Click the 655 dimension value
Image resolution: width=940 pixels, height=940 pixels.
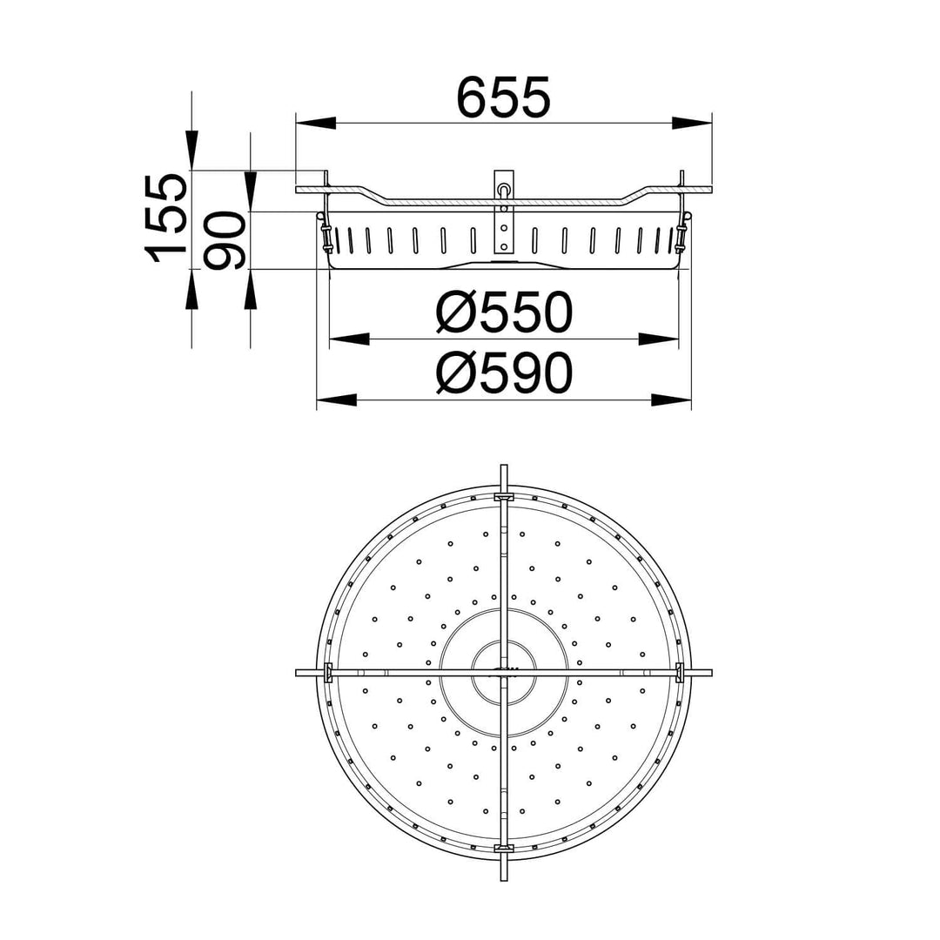click(503, 97)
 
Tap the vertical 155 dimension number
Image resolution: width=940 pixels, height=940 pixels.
click(165, 218)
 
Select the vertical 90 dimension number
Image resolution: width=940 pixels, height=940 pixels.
click(225, 240)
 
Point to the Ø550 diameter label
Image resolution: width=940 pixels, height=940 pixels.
click(504, 312)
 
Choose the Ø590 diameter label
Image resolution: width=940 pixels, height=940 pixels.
click(504, 373)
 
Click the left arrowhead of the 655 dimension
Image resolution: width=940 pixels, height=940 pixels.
click(315, 123)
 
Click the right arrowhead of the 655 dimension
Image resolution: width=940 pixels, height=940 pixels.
click(691, 123)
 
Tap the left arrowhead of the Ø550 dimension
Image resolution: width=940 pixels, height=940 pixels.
click(349, 339)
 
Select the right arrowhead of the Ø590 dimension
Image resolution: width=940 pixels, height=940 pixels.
click(671, 399)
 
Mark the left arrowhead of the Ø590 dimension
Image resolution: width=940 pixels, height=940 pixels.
click(336, 399)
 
